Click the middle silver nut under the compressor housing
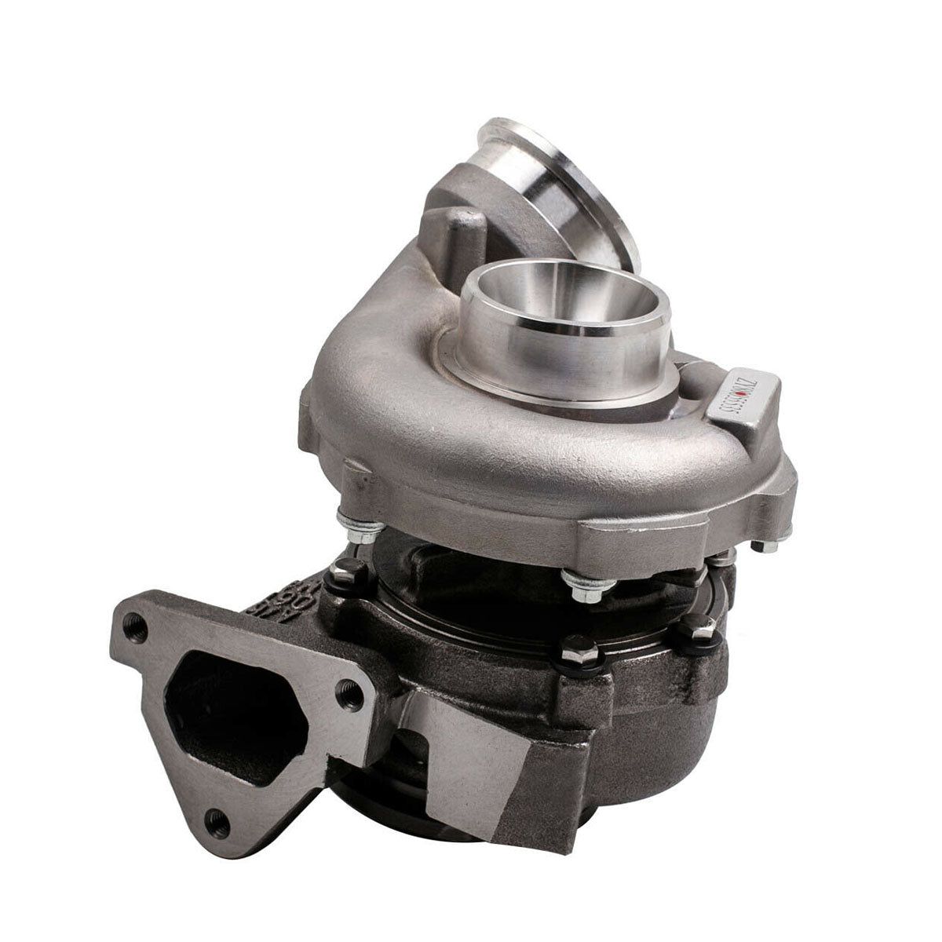(x=571, y=581)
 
